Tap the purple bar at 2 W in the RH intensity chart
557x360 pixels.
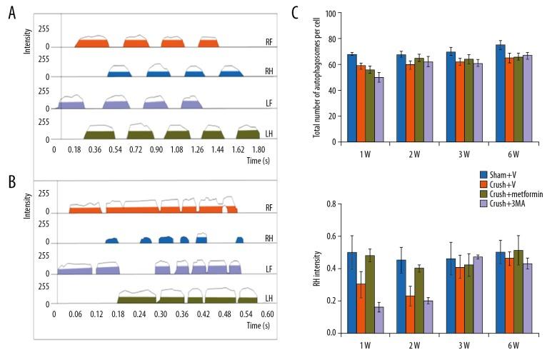click(428, 316)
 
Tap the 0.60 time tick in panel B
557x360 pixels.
click(268, 313)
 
